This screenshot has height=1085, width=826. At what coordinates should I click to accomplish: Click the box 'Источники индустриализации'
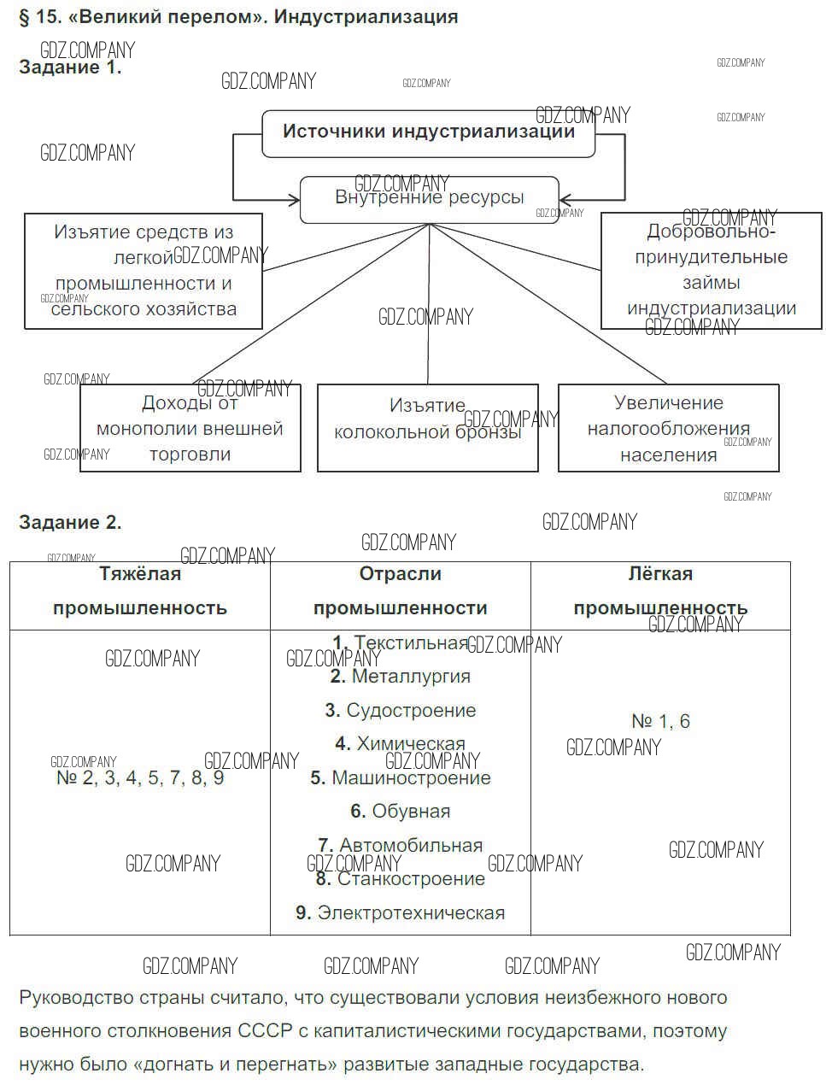(428, 132)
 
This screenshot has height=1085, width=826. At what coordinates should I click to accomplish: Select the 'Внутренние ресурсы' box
(429, 199)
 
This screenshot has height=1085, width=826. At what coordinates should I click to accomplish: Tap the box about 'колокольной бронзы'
(427, 427)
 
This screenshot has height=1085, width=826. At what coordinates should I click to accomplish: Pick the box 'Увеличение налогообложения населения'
(668, 428)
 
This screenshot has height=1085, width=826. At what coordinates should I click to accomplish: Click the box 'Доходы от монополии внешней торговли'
(190, 428)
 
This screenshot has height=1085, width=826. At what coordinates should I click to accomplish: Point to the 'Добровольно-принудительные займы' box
(711, 270)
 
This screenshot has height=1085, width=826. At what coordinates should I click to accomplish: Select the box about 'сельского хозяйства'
(143, 271)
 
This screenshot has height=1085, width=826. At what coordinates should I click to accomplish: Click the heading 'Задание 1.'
(70, 67)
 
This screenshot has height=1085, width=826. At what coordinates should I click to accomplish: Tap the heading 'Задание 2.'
(70, 522)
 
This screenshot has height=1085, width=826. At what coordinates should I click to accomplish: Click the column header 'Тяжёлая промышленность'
(140, 591)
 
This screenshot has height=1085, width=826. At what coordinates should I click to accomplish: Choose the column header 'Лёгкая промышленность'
(660, 591)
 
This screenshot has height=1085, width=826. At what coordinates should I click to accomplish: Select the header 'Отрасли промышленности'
(400, 591)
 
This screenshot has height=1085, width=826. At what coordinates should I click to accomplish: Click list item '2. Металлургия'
(400, 677)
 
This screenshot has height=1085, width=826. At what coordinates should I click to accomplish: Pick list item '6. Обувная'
(400, 811)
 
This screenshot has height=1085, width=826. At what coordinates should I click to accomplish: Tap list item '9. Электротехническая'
(400, 912)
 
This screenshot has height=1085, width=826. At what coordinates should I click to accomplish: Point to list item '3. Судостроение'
(400, 710)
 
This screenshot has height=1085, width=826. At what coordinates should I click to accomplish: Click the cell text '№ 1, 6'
(660, 721)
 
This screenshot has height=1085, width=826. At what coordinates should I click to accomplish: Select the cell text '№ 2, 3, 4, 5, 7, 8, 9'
(140, 777)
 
